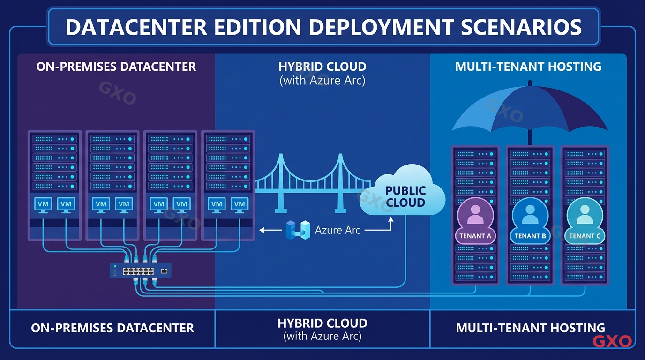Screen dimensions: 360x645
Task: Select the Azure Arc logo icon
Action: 298,230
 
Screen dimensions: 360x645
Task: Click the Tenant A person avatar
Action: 475,215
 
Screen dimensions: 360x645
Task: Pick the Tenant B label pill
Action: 530,236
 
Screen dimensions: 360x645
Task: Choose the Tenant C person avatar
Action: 585,215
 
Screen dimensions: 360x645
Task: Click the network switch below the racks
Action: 140,270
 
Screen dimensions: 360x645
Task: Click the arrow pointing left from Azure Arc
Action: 268,230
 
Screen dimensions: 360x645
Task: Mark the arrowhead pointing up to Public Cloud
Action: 391,218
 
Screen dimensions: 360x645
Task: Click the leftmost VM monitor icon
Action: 43,204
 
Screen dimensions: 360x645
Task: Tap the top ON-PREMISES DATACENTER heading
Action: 116,67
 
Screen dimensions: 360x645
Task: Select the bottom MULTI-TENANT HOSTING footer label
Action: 530,328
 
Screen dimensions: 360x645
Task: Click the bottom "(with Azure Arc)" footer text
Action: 322,336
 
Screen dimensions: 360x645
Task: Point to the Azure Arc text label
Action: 337,230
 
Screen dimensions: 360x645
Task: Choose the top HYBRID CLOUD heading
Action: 322,67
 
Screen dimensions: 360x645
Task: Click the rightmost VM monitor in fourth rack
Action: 240,204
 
